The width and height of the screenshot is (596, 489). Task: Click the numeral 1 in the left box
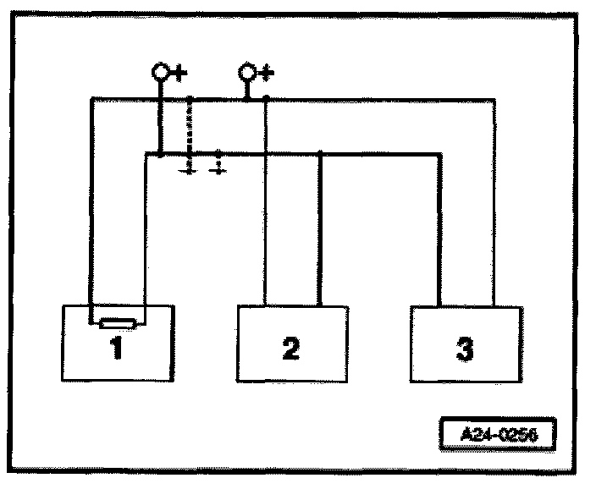point(117,348)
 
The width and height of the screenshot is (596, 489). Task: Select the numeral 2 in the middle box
point(290,348)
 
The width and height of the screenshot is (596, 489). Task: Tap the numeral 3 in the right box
point(465,348)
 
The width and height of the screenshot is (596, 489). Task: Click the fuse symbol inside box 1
point(116,322)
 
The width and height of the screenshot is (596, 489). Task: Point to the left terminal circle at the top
point(160,72)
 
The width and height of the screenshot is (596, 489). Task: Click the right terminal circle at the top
point(247,72)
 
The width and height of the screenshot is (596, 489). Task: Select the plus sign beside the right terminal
point(266,74)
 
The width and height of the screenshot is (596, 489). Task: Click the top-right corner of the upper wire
point(494,99)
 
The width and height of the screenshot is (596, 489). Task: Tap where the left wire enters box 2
point(266,305)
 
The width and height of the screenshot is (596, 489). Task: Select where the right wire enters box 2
point(319,305)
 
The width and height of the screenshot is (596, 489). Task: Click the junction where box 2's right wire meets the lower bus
point(319,153)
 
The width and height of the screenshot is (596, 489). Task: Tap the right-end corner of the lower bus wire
point(440,154)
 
